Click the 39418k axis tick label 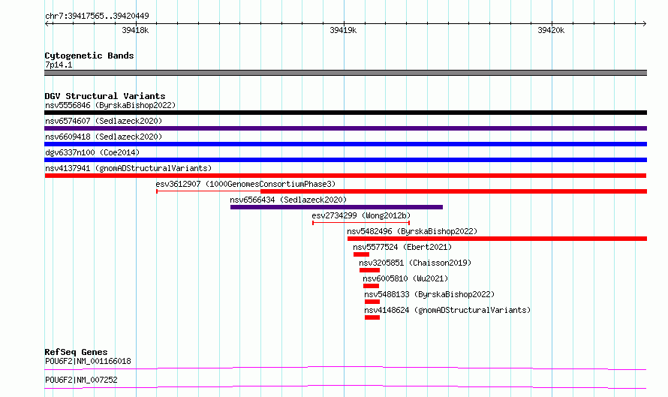[135, 30]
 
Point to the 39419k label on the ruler [343, 30]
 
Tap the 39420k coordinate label [551, 30]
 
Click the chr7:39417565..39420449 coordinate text [97, 17]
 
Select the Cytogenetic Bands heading [89, 56]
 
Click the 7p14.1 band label [59, 65]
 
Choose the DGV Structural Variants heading [105, 96]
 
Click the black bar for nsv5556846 [345, 113]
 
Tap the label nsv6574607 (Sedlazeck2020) [104, 121]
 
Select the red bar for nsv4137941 [345, 176]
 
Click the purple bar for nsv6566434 [336, 207]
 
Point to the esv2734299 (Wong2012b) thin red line [361, 223]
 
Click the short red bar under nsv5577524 [361, 254]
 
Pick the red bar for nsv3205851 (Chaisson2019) [369, 270]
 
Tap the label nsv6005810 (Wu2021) [405, 278]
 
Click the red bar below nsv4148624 [372, 317]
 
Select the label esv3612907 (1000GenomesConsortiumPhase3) [246, 184]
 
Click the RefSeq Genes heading [76, 352]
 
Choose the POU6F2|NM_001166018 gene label [88, 361]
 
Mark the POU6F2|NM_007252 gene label [81, 380]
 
